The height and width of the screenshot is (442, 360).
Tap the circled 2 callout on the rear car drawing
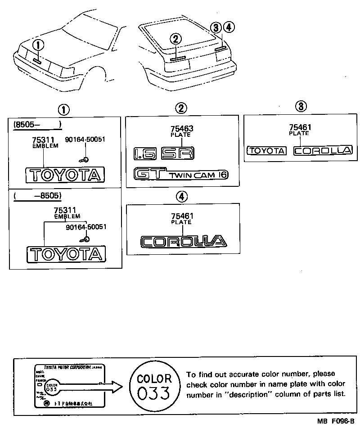coord(176,39)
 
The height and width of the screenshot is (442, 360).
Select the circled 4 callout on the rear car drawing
coord(229,28)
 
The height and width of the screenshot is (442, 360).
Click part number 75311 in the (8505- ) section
coord(43,140)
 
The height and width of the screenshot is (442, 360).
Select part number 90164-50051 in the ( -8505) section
coord(85,227)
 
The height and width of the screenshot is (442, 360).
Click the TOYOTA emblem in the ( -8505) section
coord(66,254)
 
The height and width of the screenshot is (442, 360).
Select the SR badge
coord(178,153)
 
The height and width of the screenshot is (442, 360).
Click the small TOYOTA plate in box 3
coord(267,151)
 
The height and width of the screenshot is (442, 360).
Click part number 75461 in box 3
coord(299,127)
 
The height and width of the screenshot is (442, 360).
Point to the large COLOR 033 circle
coord(154,385)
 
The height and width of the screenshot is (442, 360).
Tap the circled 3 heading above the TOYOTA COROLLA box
coord(301,106)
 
